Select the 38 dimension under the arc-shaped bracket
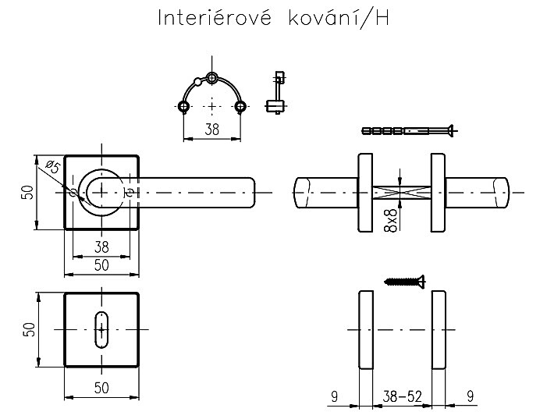coord(211,130)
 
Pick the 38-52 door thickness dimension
coord(402,397)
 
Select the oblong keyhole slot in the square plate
coord(101,329)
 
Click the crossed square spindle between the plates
coord(401,193)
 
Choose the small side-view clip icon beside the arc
coord(274,94)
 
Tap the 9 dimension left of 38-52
coord(333,397)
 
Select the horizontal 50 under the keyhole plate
coord(101,387)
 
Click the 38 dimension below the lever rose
coord(101,247)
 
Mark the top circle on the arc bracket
coord(211,78)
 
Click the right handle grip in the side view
coord(481,192)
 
